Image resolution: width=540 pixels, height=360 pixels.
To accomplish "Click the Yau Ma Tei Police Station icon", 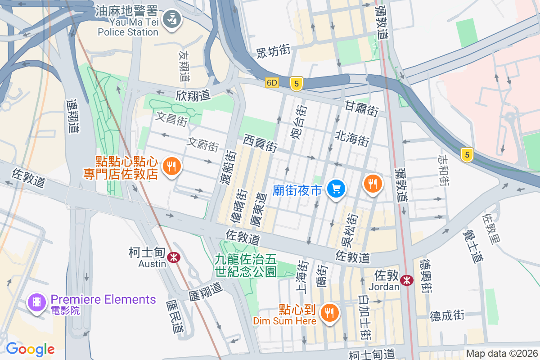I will click(171, 19).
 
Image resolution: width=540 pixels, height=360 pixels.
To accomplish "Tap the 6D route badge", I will click(272, 83).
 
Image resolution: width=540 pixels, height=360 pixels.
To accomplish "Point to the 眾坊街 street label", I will click(273, 51).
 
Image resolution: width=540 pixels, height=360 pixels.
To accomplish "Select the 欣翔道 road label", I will click(193, 95).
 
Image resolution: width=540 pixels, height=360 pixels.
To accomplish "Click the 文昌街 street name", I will click(171, 119).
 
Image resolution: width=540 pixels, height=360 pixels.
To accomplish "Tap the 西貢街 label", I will click(260, 143).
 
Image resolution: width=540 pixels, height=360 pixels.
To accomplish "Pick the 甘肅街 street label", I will click(362, 108).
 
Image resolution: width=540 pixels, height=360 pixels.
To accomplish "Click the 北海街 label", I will click(352, 138).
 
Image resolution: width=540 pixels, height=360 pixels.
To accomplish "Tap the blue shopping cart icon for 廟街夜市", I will click(336, 189).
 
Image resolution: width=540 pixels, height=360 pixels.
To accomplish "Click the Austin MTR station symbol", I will click(173, 257).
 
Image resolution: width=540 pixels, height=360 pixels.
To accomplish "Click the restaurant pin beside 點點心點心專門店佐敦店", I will click(171, 167).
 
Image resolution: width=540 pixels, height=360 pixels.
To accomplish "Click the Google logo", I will click(30, 349).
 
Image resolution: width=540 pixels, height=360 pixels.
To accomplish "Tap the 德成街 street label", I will click(447, 315).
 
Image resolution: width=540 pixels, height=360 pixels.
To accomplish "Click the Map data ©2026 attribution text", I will click(502, 353).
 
